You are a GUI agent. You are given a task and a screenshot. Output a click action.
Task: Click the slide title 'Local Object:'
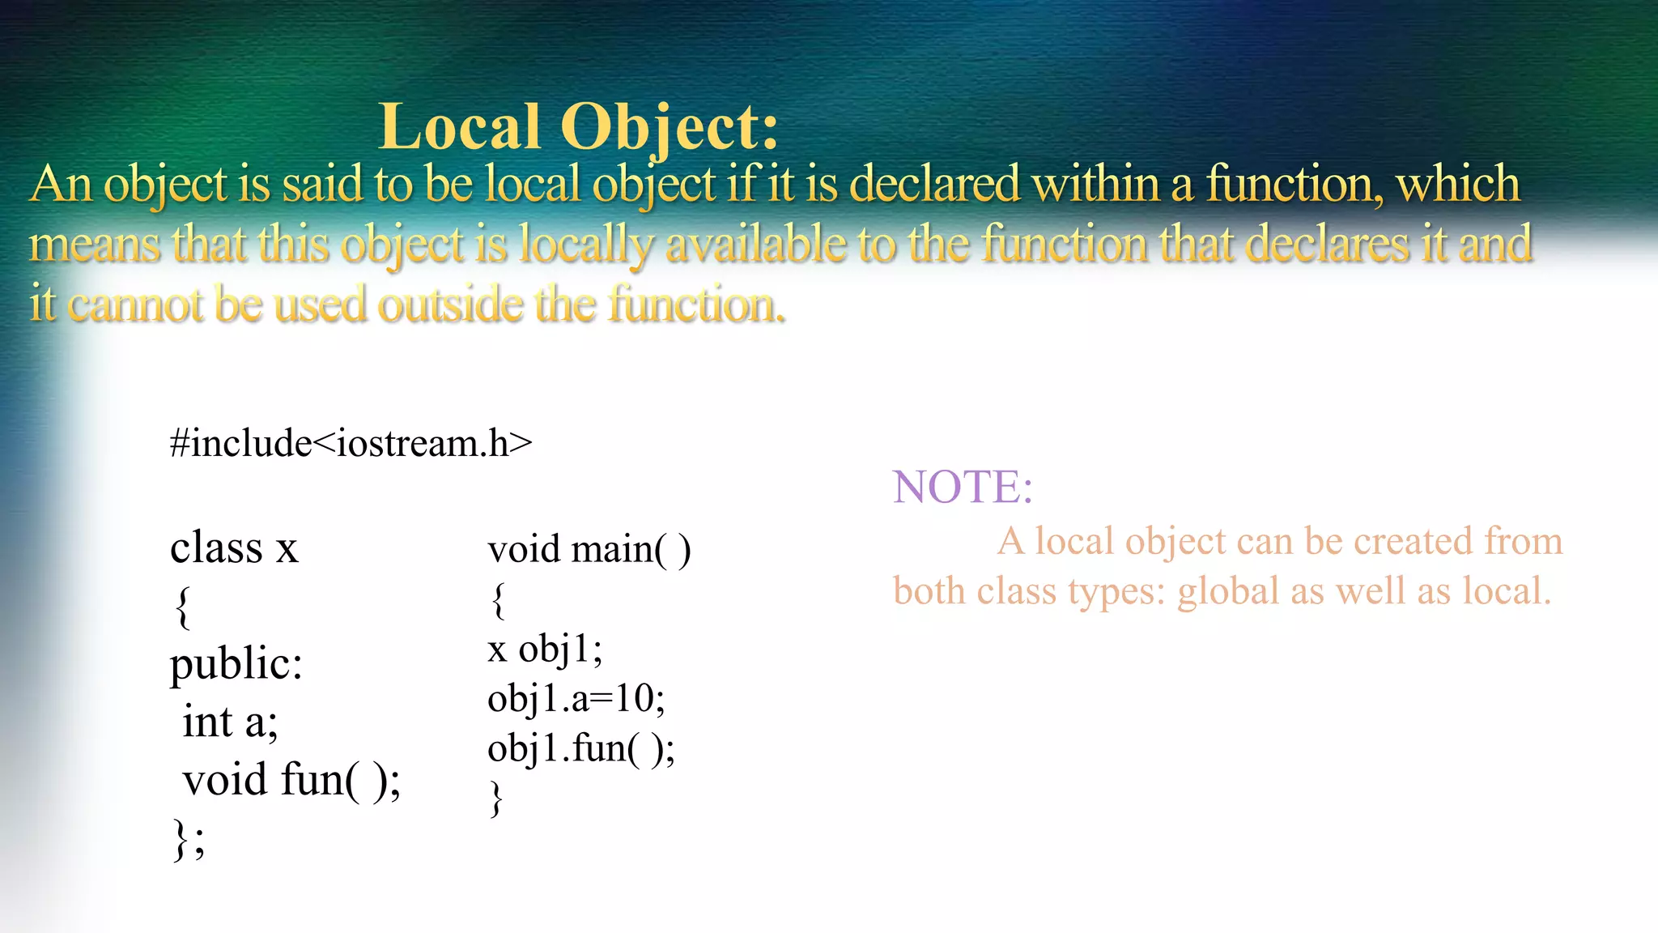(x=578, y=127)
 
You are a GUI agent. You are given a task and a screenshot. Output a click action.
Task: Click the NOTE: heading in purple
(x=963, y=488)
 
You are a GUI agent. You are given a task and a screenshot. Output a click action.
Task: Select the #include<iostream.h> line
(x=351, y=444)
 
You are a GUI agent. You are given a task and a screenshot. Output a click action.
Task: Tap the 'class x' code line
(x=234, y=547)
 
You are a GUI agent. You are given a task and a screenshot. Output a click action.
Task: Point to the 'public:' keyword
(x=236, y=664)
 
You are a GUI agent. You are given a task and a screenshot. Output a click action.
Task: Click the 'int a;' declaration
(x=230, y=722)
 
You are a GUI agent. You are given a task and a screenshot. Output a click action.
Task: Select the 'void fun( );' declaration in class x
(x=291, y=780)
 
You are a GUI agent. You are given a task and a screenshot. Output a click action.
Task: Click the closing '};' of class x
(x=189, y=839)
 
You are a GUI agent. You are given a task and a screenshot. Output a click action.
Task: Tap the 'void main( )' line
(x=589, y=550)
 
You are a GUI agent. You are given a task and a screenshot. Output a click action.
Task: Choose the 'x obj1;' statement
(x=545, y=650)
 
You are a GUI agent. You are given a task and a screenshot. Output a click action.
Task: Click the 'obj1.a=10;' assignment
(x=576, y=699)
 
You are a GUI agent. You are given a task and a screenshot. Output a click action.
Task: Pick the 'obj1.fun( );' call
(x=580, y=748)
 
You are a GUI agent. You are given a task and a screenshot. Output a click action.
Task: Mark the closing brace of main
(x=496, y=799)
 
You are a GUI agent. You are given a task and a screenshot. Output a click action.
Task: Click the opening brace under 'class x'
(x=183, y=607)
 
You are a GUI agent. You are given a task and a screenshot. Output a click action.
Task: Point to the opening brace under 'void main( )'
(x=499, y=600)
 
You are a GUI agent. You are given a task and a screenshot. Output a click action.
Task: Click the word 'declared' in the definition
(x=934, y=184)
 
